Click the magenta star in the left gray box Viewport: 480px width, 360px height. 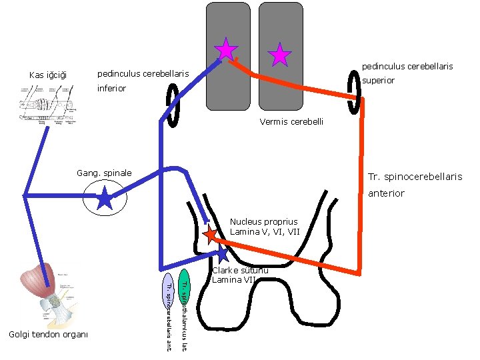(x=227, y=49)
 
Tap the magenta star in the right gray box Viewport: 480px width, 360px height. (x=279, y=55)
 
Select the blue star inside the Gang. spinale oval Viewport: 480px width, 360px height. (x=105, y=198)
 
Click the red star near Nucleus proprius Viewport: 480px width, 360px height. (x=210, y=234)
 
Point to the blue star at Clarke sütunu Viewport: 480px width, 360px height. (x=223, y=253)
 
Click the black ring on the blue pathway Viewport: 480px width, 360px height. (x=172, y=105)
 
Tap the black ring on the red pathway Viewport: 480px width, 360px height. (x=355, y=104)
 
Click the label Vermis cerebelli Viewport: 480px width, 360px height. (x=292, y=122)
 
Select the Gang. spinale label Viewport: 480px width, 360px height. (x=105, y=173)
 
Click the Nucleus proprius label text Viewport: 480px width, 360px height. (x=263, y=221)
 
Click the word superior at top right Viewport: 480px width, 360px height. (x=378, y=80)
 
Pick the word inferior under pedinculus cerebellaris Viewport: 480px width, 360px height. (x=111, y=88)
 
